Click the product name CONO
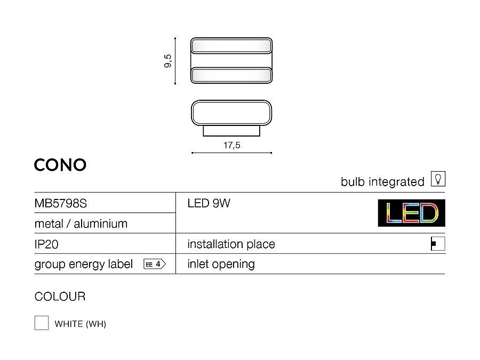tap(60, 165)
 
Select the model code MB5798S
tap(61, 203)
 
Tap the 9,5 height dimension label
tap(168, 61)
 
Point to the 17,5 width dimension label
tap(232, 145)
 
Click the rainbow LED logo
tap(411, 213)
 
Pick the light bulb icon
tap(438, 179)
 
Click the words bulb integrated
tap(382, 182)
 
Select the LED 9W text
tap(209, 203)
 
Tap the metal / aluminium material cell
tap(81, 224)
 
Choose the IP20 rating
tap(46, 244)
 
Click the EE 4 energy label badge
tap(155, 264)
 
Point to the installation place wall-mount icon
tap(438, 244)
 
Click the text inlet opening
tap(221, 264)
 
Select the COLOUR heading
tap(60, 297)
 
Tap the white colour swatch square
tap(42, 323)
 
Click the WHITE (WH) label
tap(80, 324)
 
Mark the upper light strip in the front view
tap(231, 46)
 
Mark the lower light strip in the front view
tap(231, 75)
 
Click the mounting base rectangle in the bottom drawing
tap(231, 131)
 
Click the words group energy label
tap(84, 264)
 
